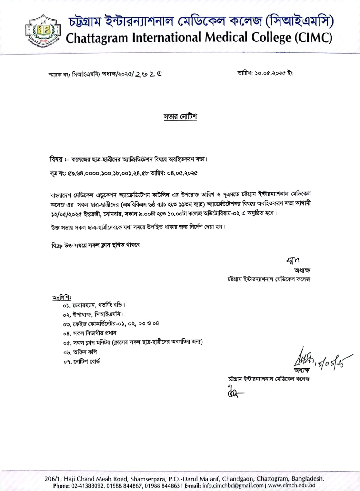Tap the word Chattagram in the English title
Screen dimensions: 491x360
point(97,38)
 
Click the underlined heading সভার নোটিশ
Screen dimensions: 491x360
point(180,117)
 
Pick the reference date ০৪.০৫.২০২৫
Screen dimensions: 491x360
point(182,173)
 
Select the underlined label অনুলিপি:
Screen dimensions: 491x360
point(61,297)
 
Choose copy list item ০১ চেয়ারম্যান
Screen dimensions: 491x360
point(94,305)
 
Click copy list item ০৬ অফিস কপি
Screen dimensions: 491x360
point(80,352)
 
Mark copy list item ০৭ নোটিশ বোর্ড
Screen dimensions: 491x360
point(82,362)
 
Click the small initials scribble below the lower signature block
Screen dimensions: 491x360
point(235,392)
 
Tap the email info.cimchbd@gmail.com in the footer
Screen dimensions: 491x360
point(233,485)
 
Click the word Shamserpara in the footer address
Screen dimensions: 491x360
point(145,479)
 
